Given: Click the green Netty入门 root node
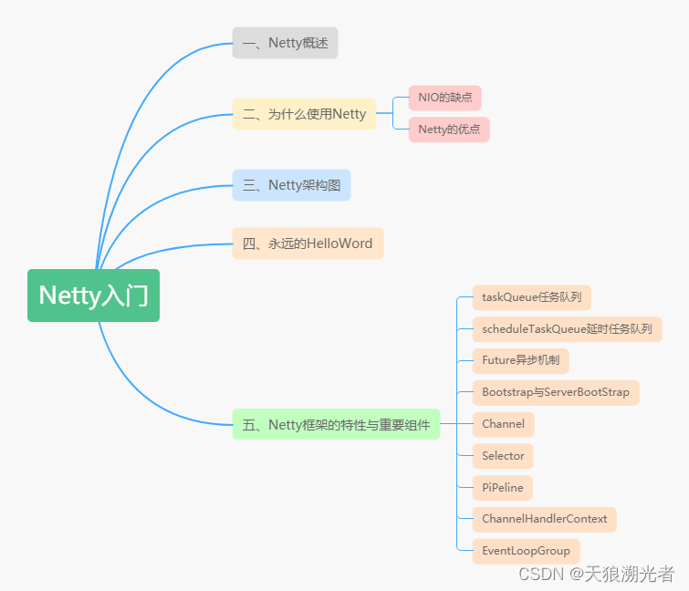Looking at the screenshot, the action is (93, 295).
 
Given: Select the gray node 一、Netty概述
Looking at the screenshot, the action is (285, 43).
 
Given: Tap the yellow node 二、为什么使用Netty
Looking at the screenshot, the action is (304, 114).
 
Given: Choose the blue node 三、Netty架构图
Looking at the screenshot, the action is (291, 185).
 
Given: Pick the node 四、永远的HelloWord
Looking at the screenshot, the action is (308, 244).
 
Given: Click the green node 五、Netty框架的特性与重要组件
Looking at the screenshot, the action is (336, 424).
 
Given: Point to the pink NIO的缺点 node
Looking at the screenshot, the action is (444, 98).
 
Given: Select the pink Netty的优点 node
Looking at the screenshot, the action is (448, 130).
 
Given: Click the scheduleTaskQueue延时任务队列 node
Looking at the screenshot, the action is (567, 329).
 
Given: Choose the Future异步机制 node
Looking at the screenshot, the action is (520, 360).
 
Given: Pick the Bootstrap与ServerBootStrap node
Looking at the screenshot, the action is (556, 392).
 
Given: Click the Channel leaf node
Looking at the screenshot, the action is (503, 424).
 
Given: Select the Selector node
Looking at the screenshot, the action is (503, 456).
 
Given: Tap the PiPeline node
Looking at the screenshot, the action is (503, 488).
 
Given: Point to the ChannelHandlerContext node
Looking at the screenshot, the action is (544, 519).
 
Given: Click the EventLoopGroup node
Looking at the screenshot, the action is (526, 551).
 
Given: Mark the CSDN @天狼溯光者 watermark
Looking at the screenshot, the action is (596, 574).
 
